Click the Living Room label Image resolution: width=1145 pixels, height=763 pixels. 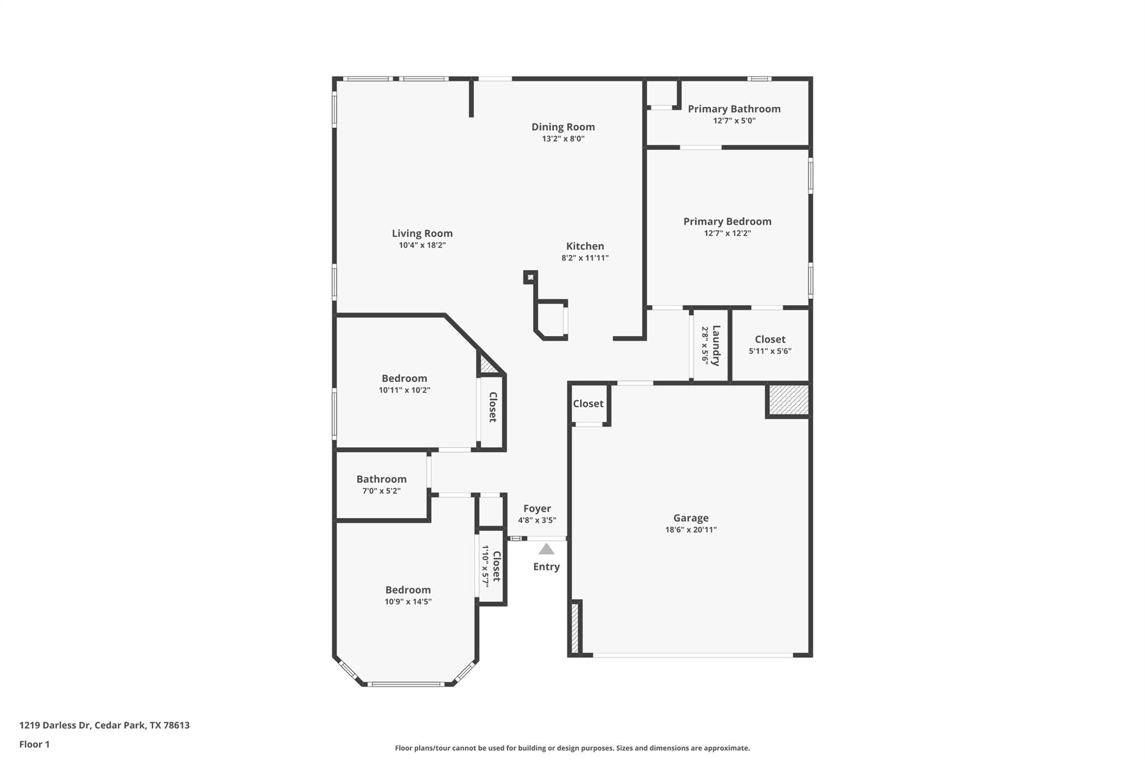(422, 234)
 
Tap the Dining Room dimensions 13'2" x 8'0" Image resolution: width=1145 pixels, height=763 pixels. (563, 139)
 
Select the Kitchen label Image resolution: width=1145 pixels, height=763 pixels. (585, 246)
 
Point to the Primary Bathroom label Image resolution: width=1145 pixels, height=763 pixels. (734, 109)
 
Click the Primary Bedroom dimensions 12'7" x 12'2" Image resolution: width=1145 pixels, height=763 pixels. (727, 233)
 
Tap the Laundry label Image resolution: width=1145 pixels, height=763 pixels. (716, 345)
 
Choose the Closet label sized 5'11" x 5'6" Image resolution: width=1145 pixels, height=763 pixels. (770, 339)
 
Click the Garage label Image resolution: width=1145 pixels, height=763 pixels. (690, 518)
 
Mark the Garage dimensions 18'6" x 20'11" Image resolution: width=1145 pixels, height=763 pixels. (690, 530)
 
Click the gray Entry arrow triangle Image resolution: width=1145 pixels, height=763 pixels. (546, 549)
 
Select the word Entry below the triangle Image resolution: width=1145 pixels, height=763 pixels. (546, 567)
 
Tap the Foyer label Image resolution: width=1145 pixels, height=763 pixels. (537, 509)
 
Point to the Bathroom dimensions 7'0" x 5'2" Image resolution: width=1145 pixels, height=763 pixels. (381, 491)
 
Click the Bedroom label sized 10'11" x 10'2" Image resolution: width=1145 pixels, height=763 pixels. (404, 378)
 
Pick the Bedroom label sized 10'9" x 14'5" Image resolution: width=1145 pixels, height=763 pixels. (408, 590)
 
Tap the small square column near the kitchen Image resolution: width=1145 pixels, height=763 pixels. (530, 277)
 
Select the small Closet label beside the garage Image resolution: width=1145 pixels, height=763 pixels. (588, 404)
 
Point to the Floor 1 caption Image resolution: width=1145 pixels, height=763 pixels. (34, 744)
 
